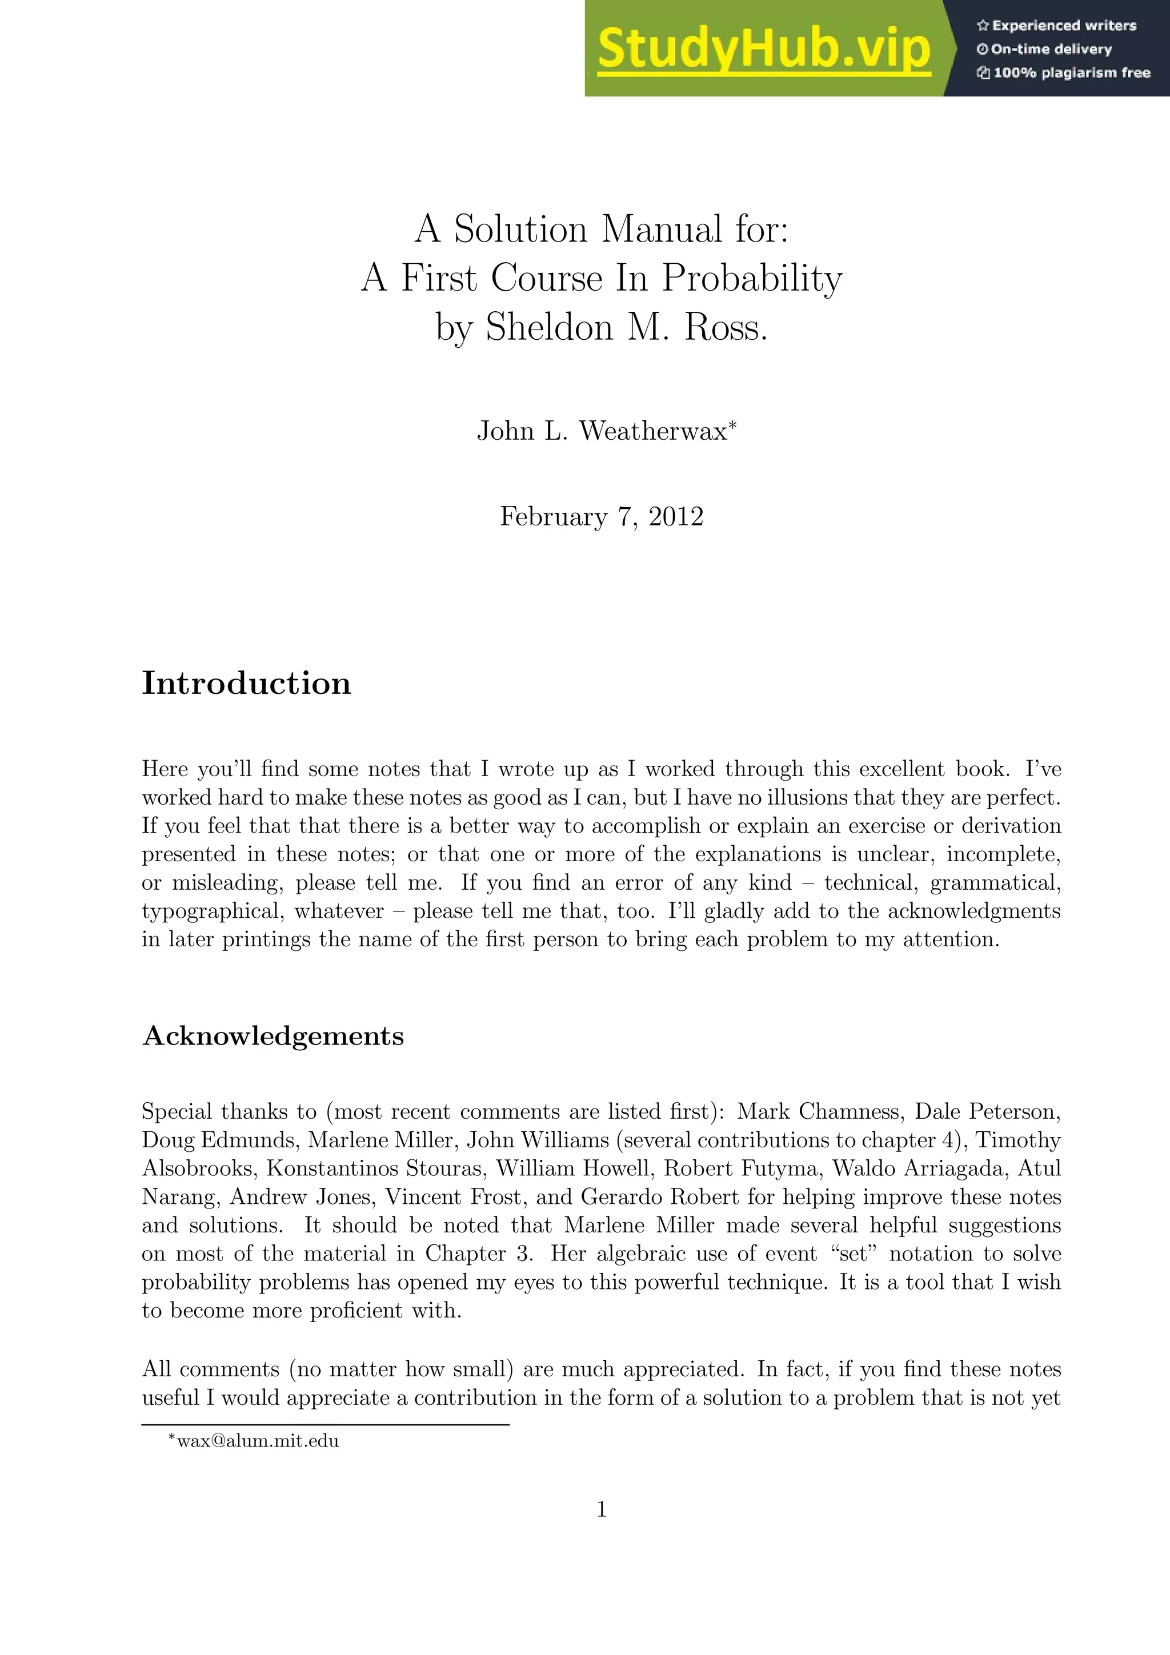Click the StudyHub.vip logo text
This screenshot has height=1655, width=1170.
pos(763,49)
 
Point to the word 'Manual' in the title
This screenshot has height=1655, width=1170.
pos(662,229)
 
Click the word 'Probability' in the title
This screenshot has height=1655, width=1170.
pos(752,278)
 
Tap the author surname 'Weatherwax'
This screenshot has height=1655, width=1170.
pos(653,431)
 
